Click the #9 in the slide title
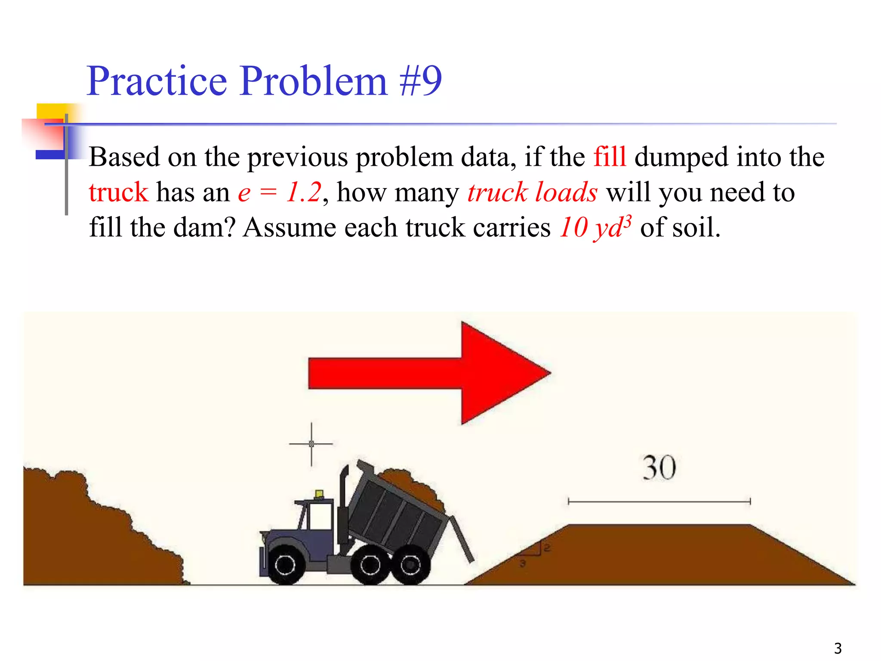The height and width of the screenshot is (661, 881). pyautogui.click(x=420, y=80)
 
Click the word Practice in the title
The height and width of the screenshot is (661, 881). pyautogui.click(x=157, y=80)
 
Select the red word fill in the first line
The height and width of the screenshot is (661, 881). pyautogui.click(x=610, y=157)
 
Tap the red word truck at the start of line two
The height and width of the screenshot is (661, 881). pyautogui.click(x=118, y=192)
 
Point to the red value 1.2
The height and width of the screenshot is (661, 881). pyautogui.click(x=304, y=192)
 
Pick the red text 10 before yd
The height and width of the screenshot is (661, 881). pyautogui.click(x=574, y=227)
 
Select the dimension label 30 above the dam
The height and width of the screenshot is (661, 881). pyautogui.click(x=659, y=468)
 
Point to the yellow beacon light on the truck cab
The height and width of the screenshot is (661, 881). pyautogui.click(x=319, y=494)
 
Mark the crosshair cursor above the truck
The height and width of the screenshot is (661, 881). pyautogui.click(x=311, y=444)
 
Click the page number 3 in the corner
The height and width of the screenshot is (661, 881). pyautogui.click(x=838, y=648)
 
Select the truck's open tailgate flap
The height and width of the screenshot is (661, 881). pyautogui.click(x=461, y=539)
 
